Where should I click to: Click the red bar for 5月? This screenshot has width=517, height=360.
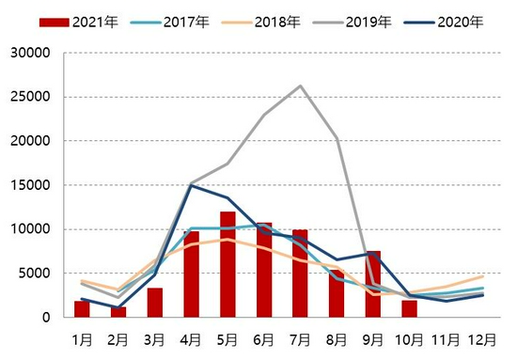tap(227, 264)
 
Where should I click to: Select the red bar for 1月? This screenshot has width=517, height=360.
tap(82, 309)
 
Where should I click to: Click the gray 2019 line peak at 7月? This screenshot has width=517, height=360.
tap(301, 86)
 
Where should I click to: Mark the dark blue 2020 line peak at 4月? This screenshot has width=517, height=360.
tap(192, 186)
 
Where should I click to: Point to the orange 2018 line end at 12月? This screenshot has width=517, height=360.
tap(483, 276)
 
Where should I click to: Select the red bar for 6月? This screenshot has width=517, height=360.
tap(264, 270)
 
